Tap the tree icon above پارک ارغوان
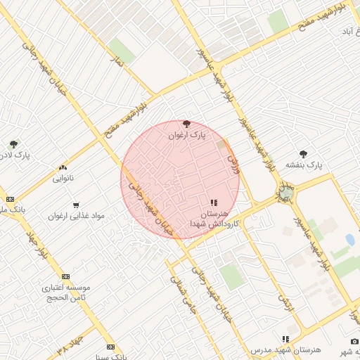[186, 123]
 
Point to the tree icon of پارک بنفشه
[303, 154]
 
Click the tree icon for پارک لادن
[13, 143]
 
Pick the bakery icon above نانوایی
[63, 168]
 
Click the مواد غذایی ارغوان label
[78, 215]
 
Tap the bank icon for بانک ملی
[9, 199]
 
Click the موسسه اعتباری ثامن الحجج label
[67, 292]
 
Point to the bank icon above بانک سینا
[110, 347]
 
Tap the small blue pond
[349, 239]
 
